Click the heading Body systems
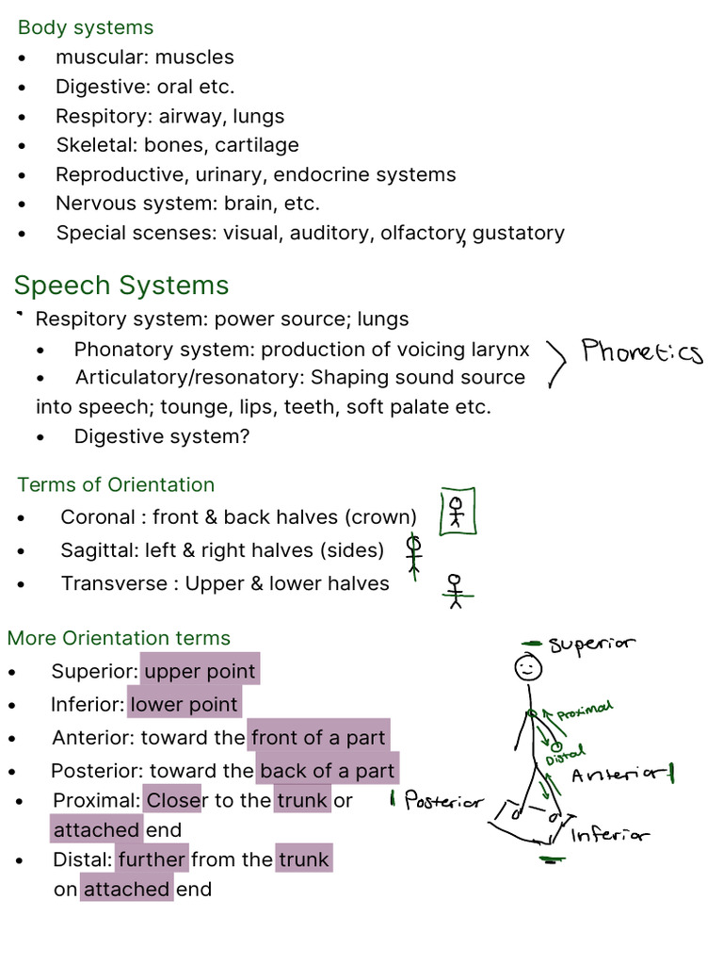pyautogui.click(x=86, y=28)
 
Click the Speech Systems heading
pyautogui.click(x=121, y=285)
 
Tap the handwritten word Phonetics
pyautogui.click(x=641, y=352)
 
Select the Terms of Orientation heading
pyautogui.click(x=116, y=484)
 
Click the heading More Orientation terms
pyautogui.click(x=119, y=638)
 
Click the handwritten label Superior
pyautogui.click(x=591, y=645)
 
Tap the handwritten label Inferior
pyautogui.click(x=608, y=834)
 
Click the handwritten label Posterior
pyautogui.click(x=442, y=802)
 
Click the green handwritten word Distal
pyautogui.click(x=565, y=754)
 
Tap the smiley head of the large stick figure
pyautogui.click(x=527, y=668)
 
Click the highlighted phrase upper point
pyautogui.click(x=200, y=671)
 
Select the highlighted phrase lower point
pyautogui.click(x=185, y=704)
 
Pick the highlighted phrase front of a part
pyautogui.click(x=318, y=738)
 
